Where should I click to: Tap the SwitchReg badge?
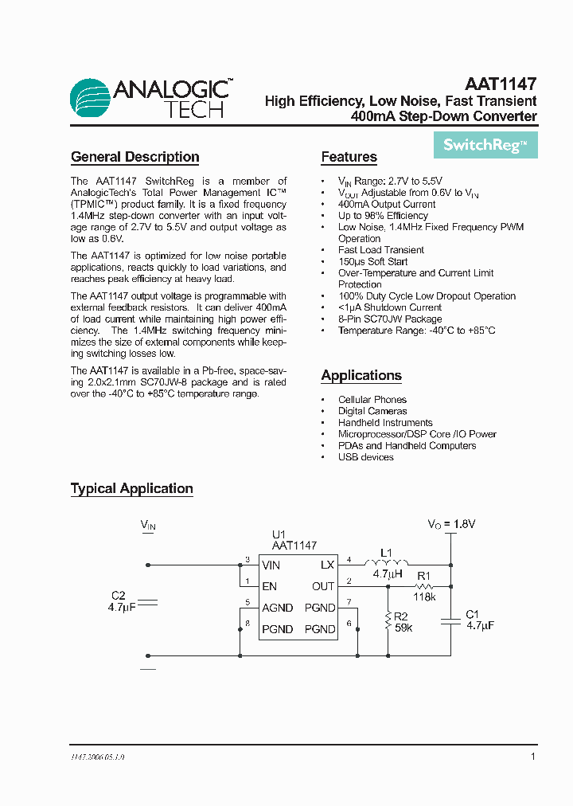[485, 145]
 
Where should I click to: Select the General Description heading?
[134, 157]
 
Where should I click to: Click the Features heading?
[349, 157]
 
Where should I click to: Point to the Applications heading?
[361, 375]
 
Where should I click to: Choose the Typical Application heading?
[132, 488]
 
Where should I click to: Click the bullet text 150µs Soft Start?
[372, 261]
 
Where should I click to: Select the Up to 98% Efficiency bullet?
[383, 215]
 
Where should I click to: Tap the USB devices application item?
[365, 457]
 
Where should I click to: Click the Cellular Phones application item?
[372, 400]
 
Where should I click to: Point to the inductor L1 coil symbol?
[386, 564]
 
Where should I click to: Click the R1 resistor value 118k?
[424, 597]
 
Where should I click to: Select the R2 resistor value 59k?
[404, 628]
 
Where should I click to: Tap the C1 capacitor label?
[472, 614]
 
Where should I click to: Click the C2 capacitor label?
[119, 596]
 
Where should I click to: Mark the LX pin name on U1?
[327, 565]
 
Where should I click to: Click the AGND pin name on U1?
[277, 608]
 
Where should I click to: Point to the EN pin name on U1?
[269, 586]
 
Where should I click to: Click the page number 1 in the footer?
[533, 757]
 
